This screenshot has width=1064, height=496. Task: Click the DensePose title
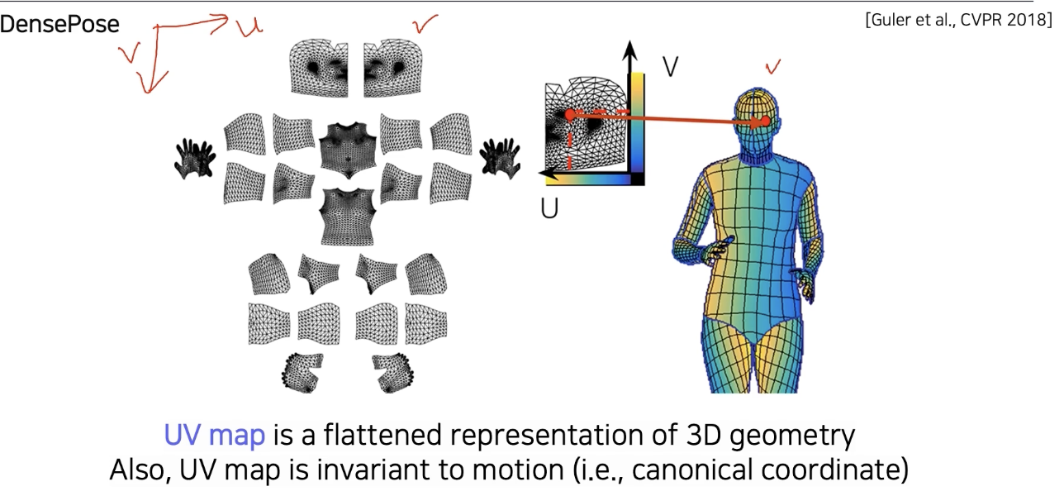tap(59, 25)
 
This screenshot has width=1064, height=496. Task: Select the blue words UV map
tap(214, 436)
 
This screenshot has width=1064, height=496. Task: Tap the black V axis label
tap(670, 66)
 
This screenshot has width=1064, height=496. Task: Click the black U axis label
tap(549, 208)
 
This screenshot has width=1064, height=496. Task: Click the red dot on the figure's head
tap(766, 122)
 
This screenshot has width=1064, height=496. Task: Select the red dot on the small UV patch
tap(569, 115)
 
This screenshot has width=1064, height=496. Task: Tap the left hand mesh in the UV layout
tap(196, 157)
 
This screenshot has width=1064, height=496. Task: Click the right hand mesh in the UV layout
tap(500, 156)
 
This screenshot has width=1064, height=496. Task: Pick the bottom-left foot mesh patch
tap(303, 371)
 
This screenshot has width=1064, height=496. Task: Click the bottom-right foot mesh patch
tap(393, 372)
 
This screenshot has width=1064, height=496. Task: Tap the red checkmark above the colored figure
tap(773, 67)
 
